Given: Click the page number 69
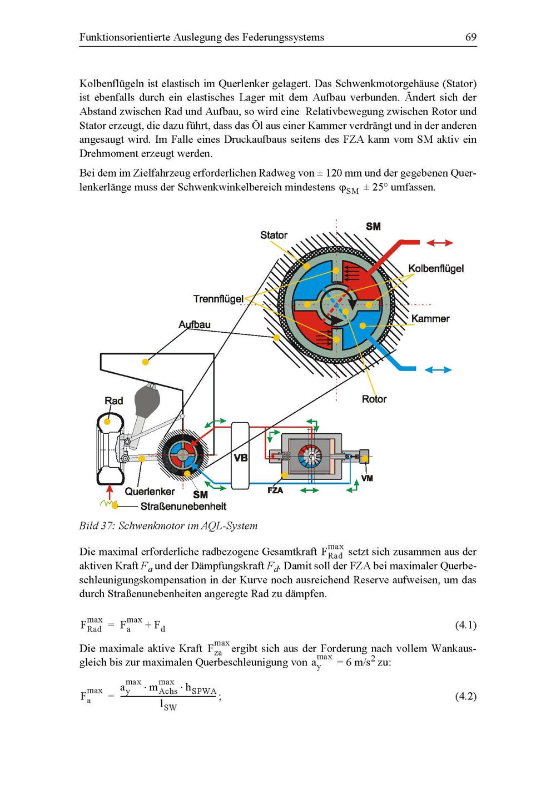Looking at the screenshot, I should click(x=470, y=37).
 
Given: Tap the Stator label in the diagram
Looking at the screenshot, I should click(x=274, y=235).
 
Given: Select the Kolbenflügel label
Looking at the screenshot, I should click(x=436, y=269).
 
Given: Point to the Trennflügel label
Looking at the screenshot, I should click(x=218, y=299).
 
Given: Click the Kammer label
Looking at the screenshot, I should click(x=430, y=319).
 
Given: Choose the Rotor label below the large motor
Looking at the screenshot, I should click(x=374, y=399).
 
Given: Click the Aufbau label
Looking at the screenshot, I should click(x=195, y=324).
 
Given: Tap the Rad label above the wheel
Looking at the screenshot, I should click(x=114, y=400).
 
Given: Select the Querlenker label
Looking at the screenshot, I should click(x=150, y=491).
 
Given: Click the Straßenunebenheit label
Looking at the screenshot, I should click(x=183, y=506).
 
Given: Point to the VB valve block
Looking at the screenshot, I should click(x=241, y=457).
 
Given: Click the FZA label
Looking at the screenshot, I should click(x=275, y=490).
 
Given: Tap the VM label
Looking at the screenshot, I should click(x=367, y=478).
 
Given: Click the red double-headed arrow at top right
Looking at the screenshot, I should click(x=440, y=243).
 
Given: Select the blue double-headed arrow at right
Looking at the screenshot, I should click(x=439, y=370).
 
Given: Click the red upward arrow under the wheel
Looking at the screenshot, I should click(x=110, y=492).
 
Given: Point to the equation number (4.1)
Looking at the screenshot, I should click(x=465, y=625).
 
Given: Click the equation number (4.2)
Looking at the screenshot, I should click(x=465, y=696).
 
